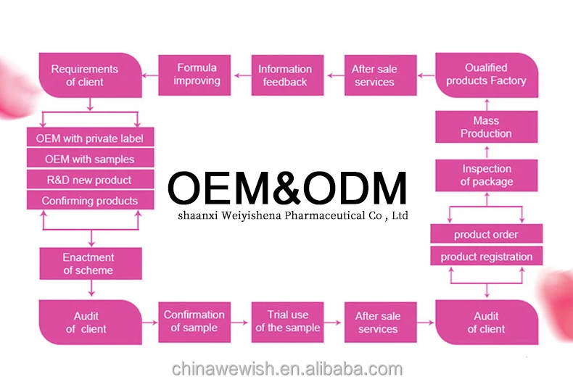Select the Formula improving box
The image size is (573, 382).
(x=196, y=75)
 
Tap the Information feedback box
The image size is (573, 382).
(x=285, y=75)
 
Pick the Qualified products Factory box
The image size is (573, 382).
(x=486, y=75)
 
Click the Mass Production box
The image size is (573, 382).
(x=486, y=127)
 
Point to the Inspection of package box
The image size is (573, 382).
(x=486, y=175)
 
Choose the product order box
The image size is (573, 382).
(x=486, y=235)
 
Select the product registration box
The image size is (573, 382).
(x=486, y=257)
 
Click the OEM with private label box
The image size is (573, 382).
(x=89, y=138)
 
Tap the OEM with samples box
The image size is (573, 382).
(x=89, y=159)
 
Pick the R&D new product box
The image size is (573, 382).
(x=89, y=180)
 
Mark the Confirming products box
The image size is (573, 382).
(x=89, y=201)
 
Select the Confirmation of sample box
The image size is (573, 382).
(x=194, y=321)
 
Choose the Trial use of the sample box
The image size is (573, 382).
(x=288, y=321)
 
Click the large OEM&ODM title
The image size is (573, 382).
(x=287, y=188)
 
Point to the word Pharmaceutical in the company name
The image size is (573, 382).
(x=323, y=215)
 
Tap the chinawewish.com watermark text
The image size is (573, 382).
(x=287, y=368)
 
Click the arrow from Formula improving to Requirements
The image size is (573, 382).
(x=150, y=75)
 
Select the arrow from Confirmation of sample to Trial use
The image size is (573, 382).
(x=240, y=321)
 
